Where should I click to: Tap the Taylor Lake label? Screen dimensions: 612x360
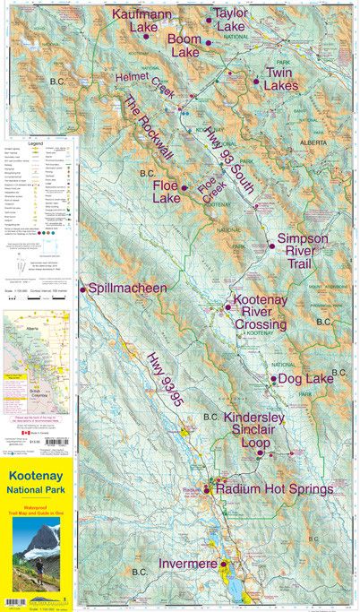click(230, 21)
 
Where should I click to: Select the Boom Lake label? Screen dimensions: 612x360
click(184, 46)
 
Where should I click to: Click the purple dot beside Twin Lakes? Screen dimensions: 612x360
click(256, 82)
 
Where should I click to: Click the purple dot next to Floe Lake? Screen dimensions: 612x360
click(184, 188)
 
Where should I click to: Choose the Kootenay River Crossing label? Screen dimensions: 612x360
click(260, 312)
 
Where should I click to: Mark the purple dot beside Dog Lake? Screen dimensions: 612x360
click(273, 379)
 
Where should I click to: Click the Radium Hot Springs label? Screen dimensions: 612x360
click(274, 489)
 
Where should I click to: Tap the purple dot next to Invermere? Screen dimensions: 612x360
click(223, 564)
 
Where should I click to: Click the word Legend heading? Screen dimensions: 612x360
click(35, 142)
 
